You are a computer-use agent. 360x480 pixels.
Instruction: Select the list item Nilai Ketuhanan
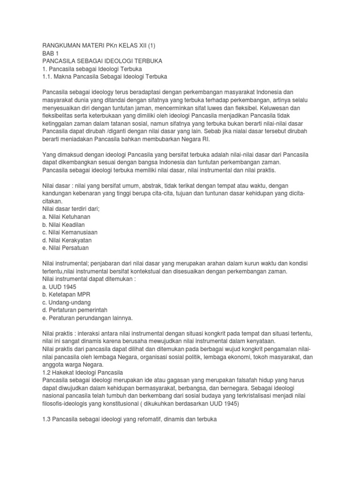[x=66, y=217]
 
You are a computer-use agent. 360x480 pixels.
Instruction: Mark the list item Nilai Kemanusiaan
[x=70, y=232]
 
